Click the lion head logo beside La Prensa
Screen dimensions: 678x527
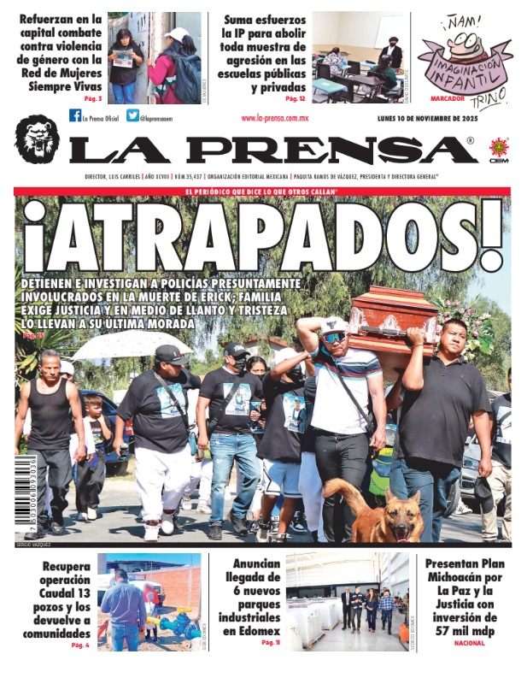(x=37, y=139)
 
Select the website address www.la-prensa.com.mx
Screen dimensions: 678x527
(x=275, y=119)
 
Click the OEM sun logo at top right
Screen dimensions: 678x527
(x=497, y=148)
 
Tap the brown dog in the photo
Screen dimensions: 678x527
(x=375, y=510)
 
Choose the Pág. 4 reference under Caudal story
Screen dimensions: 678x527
(x=81, y=645)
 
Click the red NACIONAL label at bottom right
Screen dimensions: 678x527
(x=469, y=643)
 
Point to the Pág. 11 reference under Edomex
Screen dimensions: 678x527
(x=271, y=642)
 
